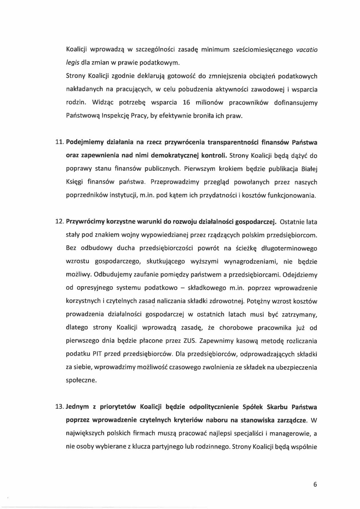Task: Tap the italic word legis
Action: (x=72, y=63)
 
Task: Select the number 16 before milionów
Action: (x=186, y=103)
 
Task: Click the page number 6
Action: (x=315, y=484)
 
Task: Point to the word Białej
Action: (x=309, y=169)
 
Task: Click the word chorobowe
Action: (x=236, y=328)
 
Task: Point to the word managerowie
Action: (x=290, y=433)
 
